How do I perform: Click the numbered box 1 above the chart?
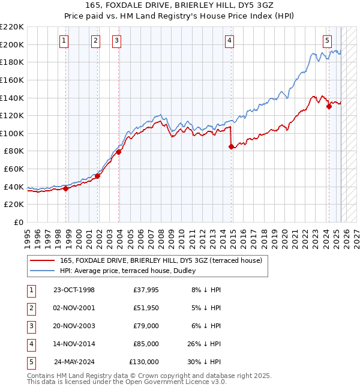64,41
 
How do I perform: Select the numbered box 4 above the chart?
229,41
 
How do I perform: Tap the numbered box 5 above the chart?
327,41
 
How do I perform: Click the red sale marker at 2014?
231,146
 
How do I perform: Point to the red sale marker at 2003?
119,152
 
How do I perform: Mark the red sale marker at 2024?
329,107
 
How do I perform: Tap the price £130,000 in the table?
144,362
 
